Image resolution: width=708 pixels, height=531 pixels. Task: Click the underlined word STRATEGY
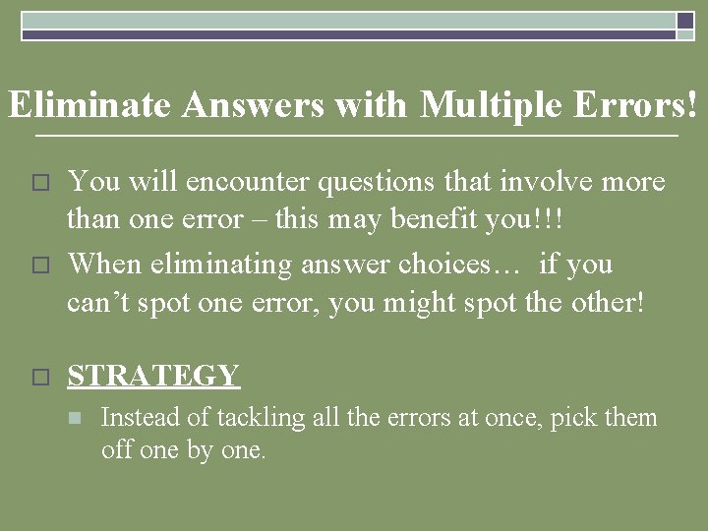click(x=152, y=375)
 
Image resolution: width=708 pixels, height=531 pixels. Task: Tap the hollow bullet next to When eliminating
click(x=39, y=265)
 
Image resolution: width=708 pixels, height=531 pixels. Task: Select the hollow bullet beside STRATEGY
click(x=39, y=377)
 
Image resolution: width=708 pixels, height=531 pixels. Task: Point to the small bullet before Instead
click(x=73, y=419)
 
